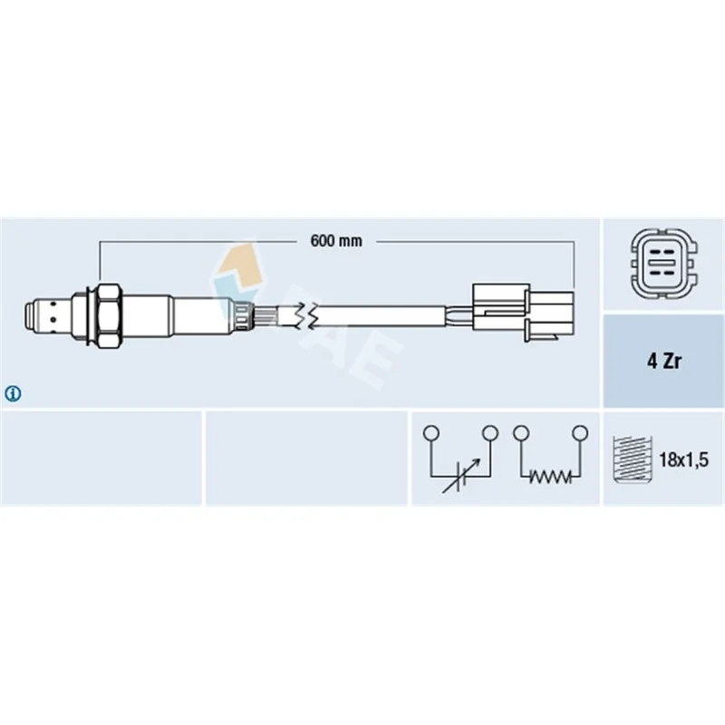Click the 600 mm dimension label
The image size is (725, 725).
click(336, 241)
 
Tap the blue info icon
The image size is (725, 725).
click(13, 394)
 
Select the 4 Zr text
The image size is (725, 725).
click(664, 361)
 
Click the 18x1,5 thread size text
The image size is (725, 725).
click(683, 459)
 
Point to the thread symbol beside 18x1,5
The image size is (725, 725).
click(632, 459)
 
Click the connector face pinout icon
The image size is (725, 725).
click(664, 264)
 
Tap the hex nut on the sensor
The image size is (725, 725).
click(110, 315)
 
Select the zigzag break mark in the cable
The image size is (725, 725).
click(306, 316)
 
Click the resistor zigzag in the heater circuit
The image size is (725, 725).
click(550, 476)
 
